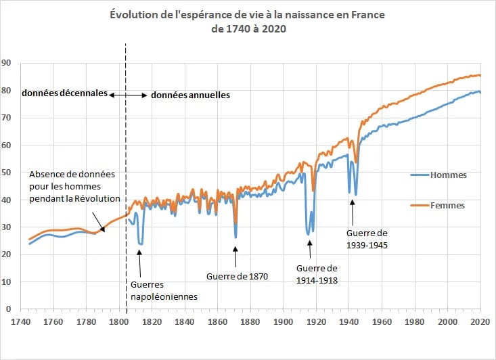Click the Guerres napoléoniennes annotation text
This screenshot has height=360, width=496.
point(162,290)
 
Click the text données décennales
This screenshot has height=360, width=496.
point(65,93)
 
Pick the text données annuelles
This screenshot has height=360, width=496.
point(190,95)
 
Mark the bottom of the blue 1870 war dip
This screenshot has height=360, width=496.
point(235,238)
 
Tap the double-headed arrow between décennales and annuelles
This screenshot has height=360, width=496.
point(129,95)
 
